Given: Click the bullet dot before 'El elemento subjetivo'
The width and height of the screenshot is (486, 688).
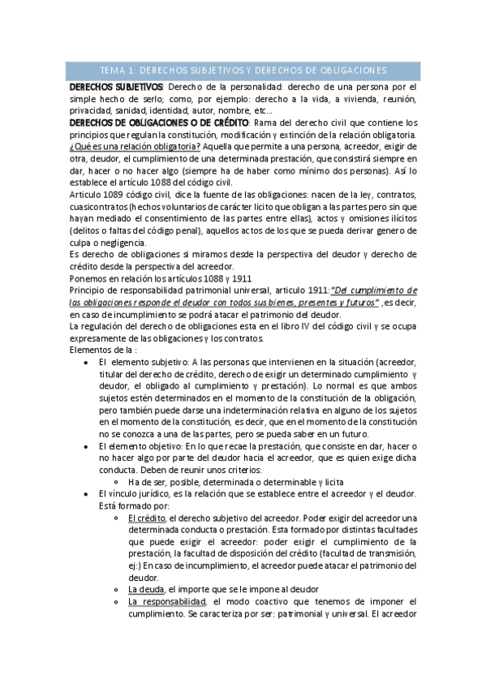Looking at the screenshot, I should pos(86,363).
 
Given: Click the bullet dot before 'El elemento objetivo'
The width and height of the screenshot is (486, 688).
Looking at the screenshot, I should pos(86,446).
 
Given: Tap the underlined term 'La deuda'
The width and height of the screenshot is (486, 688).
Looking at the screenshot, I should pos(146,589).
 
